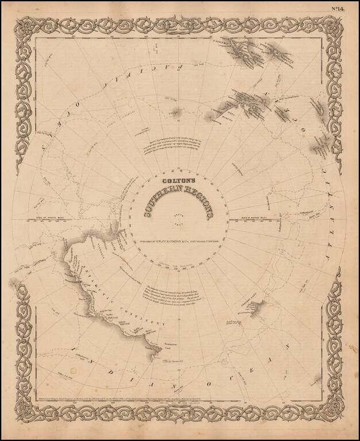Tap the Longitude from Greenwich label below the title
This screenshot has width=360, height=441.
[x=180, y=249]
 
